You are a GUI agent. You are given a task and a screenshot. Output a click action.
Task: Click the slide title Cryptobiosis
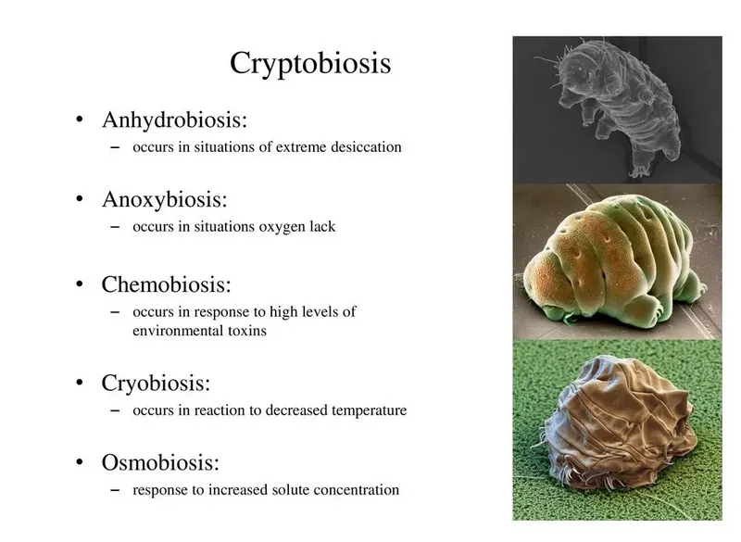tap(310, 63)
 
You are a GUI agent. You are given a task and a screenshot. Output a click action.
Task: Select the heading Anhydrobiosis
tap(174, 120)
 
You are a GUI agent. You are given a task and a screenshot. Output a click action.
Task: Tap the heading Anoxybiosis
tap(165, 200)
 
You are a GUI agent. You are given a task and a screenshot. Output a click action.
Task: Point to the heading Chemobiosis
tap(167, 284)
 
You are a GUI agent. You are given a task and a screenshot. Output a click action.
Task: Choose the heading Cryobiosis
tap(156, 384)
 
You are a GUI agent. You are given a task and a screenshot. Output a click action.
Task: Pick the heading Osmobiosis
tap(160, 462)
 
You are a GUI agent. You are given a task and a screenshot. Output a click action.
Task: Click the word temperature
tap(369, 410)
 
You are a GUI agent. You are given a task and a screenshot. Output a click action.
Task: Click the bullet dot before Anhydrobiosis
tap(80, 120)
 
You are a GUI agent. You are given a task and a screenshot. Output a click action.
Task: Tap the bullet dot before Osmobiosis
tap(80, 462)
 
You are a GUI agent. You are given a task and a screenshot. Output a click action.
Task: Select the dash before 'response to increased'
tap(115, 490)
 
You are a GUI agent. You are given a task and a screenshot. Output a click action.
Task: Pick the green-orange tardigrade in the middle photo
tap(614, 260)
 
